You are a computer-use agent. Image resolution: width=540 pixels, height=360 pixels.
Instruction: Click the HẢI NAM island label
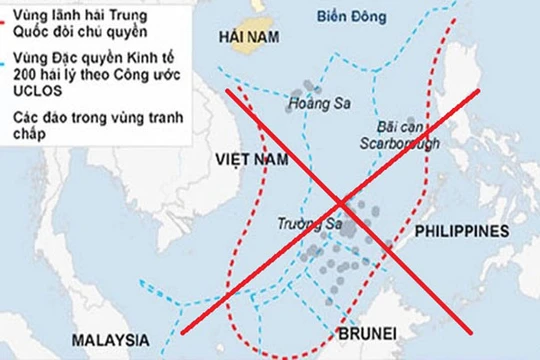[244, 37]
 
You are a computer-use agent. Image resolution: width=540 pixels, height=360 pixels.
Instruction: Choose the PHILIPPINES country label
[462, 232]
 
